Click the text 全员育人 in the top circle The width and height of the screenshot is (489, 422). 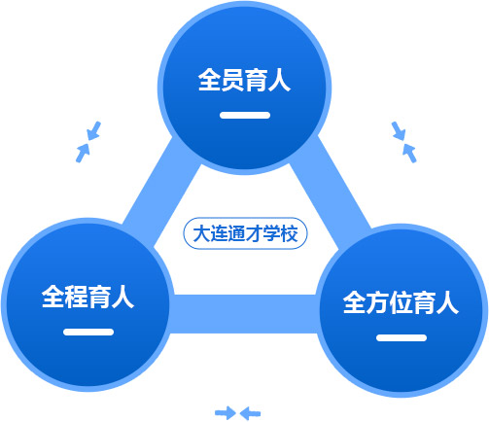point(244,80)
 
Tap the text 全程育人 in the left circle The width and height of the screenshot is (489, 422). point(87,297)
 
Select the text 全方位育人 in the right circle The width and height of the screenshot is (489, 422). point(401,302)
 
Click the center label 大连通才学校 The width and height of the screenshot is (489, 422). point(245,233)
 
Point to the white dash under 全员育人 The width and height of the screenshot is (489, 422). point(245,115)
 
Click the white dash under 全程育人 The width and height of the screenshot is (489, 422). point(88,332)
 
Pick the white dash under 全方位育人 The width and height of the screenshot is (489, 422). point(402,337)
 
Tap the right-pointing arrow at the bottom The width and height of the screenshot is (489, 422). point(226,413)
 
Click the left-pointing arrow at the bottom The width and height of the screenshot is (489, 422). point(250,413)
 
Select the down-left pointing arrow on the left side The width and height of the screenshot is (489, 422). point(94,131)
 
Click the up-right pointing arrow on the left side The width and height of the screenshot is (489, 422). point(83,153)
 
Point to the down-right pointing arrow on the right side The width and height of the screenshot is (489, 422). point(399,131)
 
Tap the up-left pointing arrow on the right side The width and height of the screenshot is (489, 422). point(409,154)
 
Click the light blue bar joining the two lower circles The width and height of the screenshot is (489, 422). point(244,314)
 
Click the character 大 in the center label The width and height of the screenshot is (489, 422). point(201,233)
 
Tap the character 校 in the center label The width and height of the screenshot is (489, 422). point(289,233)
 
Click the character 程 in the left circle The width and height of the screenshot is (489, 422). point(76,297)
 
